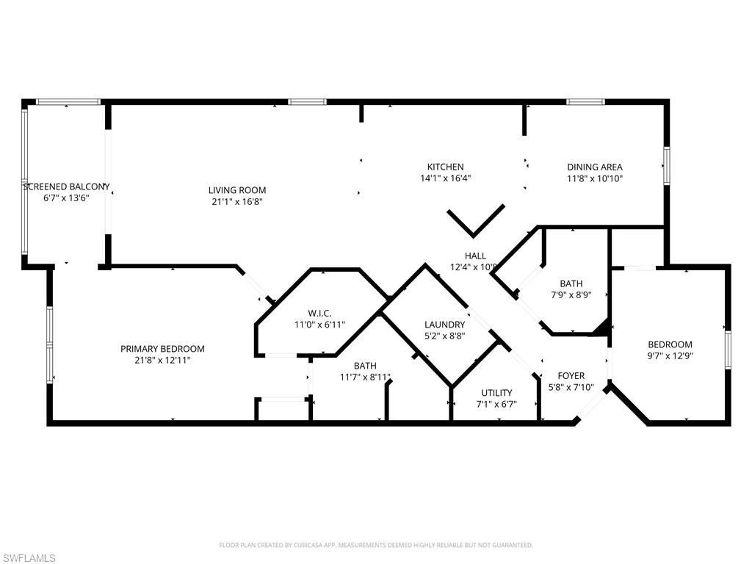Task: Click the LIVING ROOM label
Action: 236,190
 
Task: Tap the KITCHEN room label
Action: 446,167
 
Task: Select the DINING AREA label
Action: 594,167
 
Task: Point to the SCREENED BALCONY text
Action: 66,187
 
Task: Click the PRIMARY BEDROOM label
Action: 162,349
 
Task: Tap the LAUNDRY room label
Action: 444,325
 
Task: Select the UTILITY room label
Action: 496,393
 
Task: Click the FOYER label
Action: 570,376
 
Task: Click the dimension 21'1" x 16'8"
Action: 236,201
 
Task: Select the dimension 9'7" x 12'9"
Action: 670,355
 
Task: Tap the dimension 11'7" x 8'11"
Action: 365,377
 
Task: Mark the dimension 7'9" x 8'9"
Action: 571,294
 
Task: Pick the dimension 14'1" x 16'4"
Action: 446,178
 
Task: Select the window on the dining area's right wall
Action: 667,166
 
